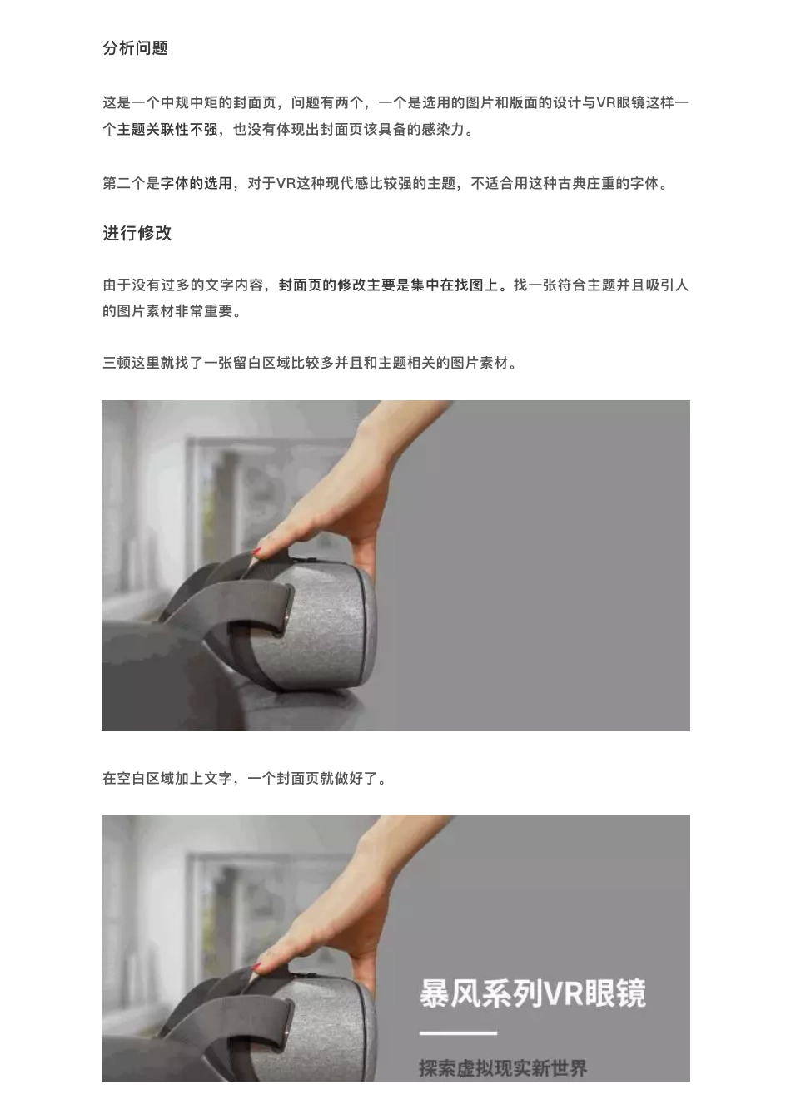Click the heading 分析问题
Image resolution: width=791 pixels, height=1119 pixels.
click(135, 48)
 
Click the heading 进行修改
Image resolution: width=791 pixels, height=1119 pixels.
click(137, 233)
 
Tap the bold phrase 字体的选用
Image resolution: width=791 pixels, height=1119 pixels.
click(197, 183)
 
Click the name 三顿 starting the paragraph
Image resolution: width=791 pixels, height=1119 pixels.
click(117, 363)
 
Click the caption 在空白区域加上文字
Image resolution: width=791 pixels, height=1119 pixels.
click(167, 779)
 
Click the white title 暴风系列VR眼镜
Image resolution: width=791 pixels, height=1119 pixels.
click(532, 993)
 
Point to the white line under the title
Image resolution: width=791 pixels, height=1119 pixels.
click(458, 1033)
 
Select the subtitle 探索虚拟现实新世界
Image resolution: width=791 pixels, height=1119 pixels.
click(503, 1067)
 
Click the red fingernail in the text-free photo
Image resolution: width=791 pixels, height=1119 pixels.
click(257, 552)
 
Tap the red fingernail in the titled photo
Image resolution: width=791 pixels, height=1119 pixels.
click(257, 966)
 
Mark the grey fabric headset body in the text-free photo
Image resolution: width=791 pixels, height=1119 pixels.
click(325, 624)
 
